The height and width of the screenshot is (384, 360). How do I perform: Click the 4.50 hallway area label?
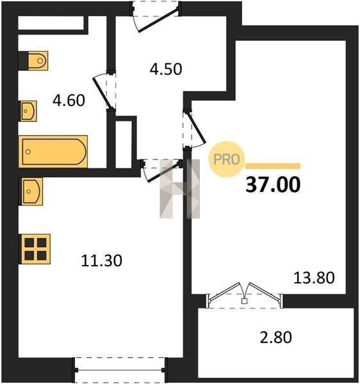pyautogui.click(x=166, y=69)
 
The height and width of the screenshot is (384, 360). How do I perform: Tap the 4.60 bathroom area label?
pyautogui.click(x=69, y=100)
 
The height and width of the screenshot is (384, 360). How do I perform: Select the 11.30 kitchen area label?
pyautogui.click(x=101, y=260)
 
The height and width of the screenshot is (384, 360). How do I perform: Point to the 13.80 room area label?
pyautogui.click(x=314, y=278)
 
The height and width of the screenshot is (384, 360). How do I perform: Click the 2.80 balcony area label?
pyautogui.click(x=275, y=337)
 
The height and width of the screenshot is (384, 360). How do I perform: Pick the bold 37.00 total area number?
pyautogui.click(x=273, y=184)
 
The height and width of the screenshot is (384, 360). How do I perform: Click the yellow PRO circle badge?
pyautogui.click(x=227, y=159)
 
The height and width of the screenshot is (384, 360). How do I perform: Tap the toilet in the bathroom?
pyautogui.click(x=33, y=61)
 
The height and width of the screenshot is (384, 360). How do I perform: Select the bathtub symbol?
pyautogui.click(x=53, y=152)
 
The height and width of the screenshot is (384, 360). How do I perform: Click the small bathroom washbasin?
pyautogui.click(x=28, y=111)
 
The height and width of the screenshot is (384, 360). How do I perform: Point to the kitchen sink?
pyautogui.click(x=31, y=191)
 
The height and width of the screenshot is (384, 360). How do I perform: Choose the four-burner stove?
pyautogui.click(x=35, y=249)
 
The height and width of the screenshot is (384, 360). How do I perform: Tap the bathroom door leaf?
pyautogui.click(x=103, y=93)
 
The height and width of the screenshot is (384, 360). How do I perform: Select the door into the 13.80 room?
pyautogui.click(x=195, y=129)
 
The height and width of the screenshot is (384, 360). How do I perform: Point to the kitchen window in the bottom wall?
pyautogui.click(x=120, y=370)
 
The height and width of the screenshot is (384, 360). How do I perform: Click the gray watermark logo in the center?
pyautogui.click(x=180, y=189)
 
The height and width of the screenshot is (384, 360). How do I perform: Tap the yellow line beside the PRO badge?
pyautogui.click(x=273, y=166)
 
